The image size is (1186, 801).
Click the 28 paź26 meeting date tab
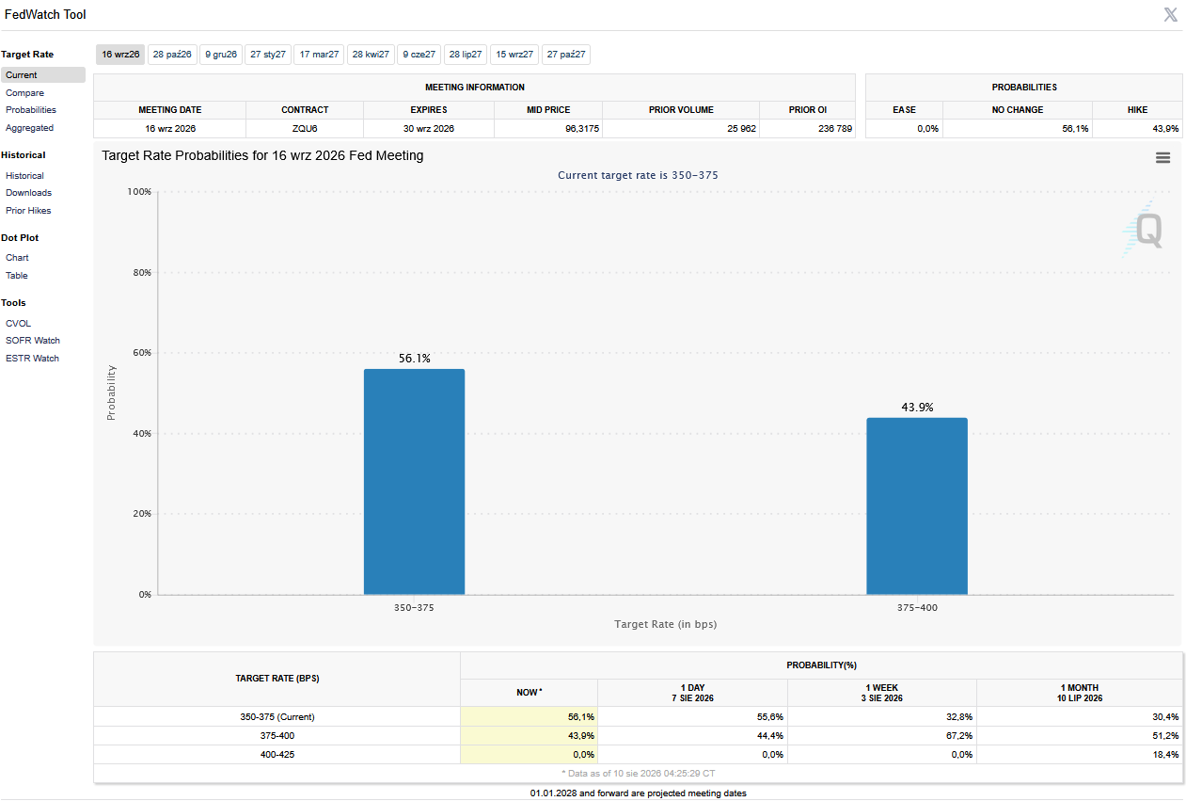(172, 55)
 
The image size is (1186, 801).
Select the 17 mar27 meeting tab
(319, 55)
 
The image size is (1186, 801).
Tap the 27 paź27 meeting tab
(566, 55)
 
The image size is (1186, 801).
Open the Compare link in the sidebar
(24, 92)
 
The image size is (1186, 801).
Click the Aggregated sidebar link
(30, 128)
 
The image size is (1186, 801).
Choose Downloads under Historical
(28, 193)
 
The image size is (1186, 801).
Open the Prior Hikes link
(28, 210)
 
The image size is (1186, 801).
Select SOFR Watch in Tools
(33, 340)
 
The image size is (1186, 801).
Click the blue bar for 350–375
(414, 482)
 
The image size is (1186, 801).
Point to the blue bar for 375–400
(917, 506)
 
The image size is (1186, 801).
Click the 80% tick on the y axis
(142, 272)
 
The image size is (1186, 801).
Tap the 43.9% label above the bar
(917, 407)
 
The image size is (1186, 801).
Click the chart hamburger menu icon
(1162, 157)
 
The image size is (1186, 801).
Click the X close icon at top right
(1171, 14)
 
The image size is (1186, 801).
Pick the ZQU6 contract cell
(305, 129)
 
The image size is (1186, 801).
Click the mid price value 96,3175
(582, 129)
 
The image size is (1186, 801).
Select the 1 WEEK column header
(882, 693)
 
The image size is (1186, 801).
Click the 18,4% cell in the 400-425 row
(1165, 754)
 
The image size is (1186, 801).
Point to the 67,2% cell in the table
(958, 735)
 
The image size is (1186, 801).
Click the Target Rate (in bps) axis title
(666, 624)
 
